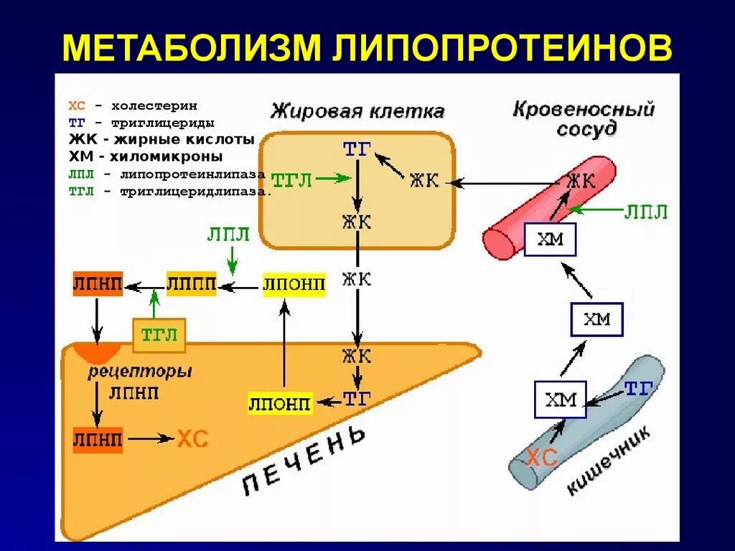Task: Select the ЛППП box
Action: pyautogui.click(x=191, y=284)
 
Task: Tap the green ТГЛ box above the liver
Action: pyautogui.click(x=159, y=335)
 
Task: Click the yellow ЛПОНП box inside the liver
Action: pyautogui.click(x=280, y=403)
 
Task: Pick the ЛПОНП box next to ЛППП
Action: pyautogui.click(x=294, y=285)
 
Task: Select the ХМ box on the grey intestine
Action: pyautogui.click(x=561, y=400)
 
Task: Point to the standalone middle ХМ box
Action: pyautogui.click(x=596, y=319)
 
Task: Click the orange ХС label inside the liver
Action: pyautogui.click(x=192, y=438)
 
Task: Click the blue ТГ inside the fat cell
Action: pyautogui.click(x=357, y=149)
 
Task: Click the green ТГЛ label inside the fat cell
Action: pyautogui.click(x=292, y=179)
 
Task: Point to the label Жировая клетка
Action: pyautogui.click(x=357, y=112)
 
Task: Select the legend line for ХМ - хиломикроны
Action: pyautogui.click(x=146, y=156)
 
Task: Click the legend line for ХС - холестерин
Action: pyautogui.click(x=133, y=105)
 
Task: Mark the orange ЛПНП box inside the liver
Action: pyautogui.click(x=98, y=438)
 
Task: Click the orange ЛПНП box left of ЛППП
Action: pyautogui.click(x=98, y=284)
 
